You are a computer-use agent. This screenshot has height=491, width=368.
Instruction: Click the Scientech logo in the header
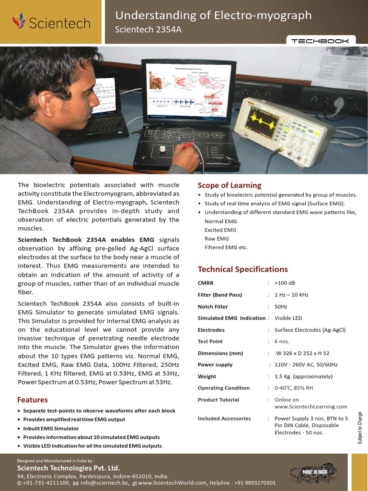click(51, 22)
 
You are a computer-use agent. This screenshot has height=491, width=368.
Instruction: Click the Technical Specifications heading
click(243, 269)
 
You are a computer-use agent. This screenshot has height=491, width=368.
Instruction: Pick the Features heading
click(33, 400)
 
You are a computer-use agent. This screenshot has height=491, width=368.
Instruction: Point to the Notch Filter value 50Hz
click(281, 307)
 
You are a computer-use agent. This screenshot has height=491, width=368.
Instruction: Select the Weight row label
click(207, 377)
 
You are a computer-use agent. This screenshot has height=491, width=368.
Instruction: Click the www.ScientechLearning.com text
click(310, 407)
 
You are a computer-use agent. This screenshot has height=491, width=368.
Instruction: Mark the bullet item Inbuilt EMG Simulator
click(51, 429)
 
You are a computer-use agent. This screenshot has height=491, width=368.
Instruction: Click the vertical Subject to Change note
click(360, 428)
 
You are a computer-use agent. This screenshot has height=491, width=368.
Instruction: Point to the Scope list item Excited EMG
click(220, 230)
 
